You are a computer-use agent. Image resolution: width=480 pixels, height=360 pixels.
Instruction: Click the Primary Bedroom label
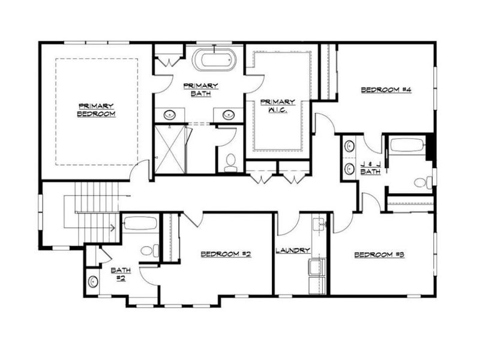[x=96, y=110]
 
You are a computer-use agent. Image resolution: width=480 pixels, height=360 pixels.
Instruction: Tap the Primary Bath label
[x=200, y=89]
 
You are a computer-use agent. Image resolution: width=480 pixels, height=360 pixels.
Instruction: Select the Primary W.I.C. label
[x=277, y=105]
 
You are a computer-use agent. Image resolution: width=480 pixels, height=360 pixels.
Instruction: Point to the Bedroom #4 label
[x=380, y=91]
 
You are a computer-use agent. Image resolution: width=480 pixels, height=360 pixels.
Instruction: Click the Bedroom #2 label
[x=226, y=254]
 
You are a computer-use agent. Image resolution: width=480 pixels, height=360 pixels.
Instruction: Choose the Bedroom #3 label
[x=380, y=254]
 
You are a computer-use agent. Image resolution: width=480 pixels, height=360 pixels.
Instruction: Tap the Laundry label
[x=292, y=250]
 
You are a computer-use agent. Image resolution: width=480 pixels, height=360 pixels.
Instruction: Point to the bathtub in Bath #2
[x=140, y=223]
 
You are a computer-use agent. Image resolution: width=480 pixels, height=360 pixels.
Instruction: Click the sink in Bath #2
[x=92, y=281]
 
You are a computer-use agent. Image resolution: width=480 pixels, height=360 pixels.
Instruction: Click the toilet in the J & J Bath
[x=424, y=182]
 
